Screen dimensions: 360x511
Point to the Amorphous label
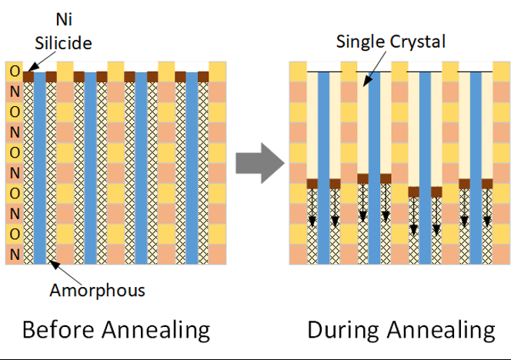pyautogui.click(x=97, y=290)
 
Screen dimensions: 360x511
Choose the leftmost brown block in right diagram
pyautogui.click(x=312, y=184)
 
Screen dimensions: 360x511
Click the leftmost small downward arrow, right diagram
pyautogui.click(x=312, y=208)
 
